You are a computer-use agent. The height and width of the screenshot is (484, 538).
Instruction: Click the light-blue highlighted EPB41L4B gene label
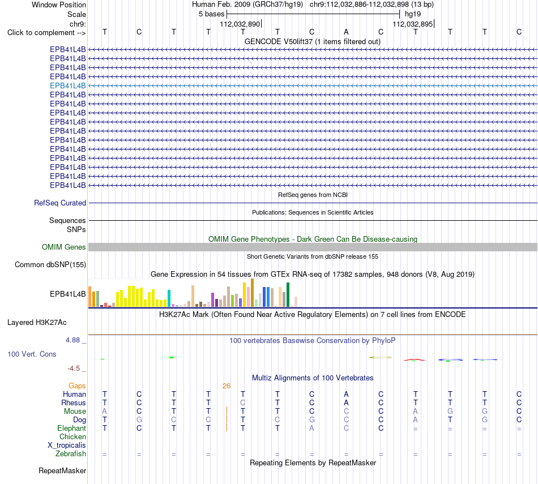tap(67, 85)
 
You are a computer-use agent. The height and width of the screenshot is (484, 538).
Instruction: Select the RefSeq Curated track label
tap(60, 203)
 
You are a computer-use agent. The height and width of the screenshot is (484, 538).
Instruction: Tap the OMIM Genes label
tap(64, 247)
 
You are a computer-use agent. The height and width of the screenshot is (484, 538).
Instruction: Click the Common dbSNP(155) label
tap(50, 265)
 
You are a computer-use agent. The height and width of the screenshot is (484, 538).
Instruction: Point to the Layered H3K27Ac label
tap(37, 323)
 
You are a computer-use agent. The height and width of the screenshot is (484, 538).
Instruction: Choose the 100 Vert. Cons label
tap(32, 354)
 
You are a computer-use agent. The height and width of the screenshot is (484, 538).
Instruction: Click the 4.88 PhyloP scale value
tap(72, 340)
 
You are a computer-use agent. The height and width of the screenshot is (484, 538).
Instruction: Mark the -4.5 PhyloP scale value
tap(74, 369)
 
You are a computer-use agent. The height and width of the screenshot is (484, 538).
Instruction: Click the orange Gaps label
tap(77, 386)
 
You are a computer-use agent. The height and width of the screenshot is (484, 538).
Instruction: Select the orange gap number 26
tap(227, 386)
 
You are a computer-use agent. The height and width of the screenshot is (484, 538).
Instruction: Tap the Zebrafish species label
tap(71, 454)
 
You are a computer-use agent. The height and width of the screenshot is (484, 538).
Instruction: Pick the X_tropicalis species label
tap(67, 446)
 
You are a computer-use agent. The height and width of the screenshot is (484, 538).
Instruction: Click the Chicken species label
tap(72, 436)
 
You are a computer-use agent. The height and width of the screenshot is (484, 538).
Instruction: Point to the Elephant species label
tap(71, 429)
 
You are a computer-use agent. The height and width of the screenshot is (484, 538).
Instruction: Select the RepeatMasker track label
tap(62, 470)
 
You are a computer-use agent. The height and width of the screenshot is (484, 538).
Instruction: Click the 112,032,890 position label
tap(240, 24)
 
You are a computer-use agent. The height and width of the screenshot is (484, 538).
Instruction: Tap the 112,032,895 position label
tap(413, 24)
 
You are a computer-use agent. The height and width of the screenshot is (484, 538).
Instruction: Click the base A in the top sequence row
tap(346, 32)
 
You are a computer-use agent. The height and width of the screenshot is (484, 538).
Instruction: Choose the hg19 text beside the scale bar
tap(413, 14)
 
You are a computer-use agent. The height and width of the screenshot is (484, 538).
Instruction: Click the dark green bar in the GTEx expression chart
tap(288, 295)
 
